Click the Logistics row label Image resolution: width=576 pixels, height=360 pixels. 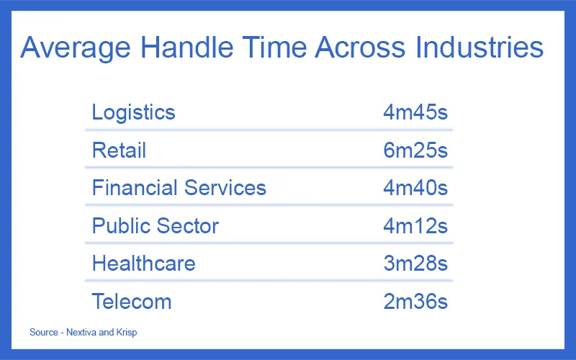[133, 112]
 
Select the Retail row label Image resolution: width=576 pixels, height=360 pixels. [119, 150]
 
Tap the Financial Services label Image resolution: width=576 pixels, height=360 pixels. [179, 188]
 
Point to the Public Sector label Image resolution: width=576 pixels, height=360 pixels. [155, 225]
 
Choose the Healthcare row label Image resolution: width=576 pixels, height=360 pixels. [143, 263]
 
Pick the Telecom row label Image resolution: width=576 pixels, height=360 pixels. [132, 301]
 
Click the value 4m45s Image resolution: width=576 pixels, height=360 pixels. [415, 112]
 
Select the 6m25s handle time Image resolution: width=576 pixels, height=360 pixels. [415, 150]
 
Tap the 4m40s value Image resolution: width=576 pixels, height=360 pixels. [415, 188]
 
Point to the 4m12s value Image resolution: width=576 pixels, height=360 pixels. [415, 225]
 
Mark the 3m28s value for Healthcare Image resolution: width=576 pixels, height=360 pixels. [415, 263]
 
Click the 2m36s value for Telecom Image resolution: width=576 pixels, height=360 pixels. [415, 301]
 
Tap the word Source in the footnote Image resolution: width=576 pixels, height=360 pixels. [42, 333]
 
